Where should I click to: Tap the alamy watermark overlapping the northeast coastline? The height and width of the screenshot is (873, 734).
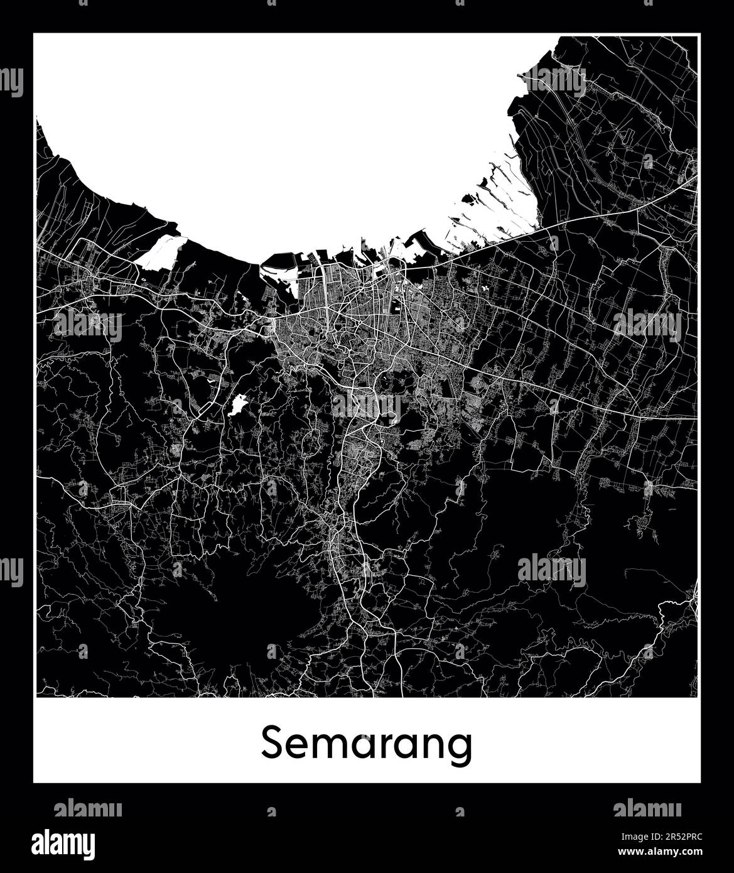click(x=552, y=82)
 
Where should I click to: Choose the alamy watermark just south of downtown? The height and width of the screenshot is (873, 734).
click(x=366, y=406)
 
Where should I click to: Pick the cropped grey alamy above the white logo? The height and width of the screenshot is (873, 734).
click(x=88, y=808)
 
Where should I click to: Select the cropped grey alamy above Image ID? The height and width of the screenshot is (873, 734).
click(x=647, y=808)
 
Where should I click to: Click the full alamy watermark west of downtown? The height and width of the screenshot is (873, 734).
click(x=87, y=325)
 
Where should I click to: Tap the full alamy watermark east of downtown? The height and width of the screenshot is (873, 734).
click(x=647, y=325)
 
